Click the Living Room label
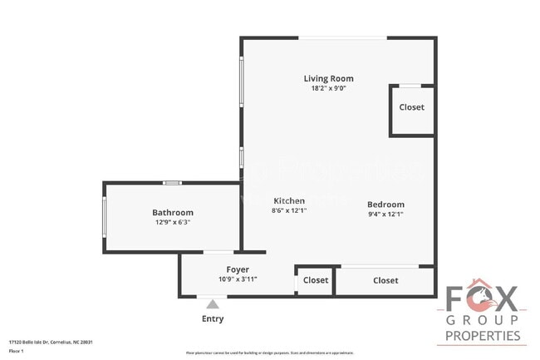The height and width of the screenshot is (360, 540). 329,78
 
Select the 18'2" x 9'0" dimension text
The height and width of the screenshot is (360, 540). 329,88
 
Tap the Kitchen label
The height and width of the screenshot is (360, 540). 289,200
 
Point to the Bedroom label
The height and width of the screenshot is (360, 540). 385,205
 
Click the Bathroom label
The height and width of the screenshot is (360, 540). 172,213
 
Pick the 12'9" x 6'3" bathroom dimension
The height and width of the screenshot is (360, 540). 173,223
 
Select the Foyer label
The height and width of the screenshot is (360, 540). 238,269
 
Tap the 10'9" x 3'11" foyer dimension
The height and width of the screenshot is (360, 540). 238,279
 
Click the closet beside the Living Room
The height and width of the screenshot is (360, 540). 411,107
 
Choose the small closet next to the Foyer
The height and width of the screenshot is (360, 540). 316,280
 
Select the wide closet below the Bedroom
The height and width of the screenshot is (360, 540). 385,280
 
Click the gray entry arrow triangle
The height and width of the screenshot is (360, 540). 212,304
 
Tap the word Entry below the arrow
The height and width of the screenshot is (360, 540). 212,318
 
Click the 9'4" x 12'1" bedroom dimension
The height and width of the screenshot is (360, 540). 385,215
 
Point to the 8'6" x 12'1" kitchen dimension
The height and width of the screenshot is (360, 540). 289,210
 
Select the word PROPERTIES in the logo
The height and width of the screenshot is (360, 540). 483,337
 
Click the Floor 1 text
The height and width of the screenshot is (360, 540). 16,351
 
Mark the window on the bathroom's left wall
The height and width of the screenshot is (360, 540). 104,217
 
